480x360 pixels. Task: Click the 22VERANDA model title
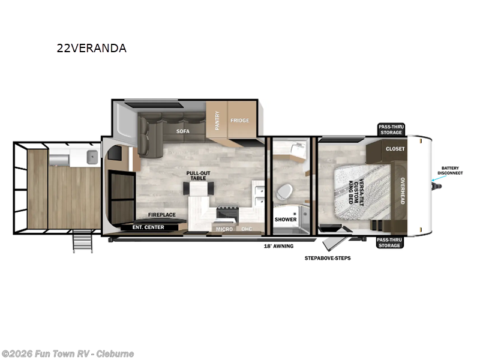[92, 49]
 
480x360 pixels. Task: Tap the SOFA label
[183, 130]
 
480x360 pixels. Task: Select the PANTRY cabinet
[217, 121]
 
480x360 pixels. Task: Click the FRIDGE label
[240, 121]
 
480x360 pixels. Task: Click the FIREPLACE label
[161, 214]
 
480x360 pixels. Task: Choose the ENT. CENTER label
[148, 227]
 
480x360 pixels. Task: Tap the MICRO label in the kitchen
[224, 229]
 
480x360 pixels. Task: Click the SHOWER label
[286, 220]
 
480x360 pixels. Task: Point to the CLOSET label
[395, 149]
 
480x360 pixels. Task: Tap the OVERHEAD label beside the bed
[403, 190]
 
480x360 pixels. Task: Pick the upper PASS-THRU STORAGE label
[390, 130]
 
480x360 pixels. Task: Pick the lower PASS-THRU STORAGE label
[390, 242]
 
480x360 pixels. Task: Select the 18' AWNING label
[278, 246]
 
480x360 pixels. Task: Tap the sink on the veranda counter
[92, 158]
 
